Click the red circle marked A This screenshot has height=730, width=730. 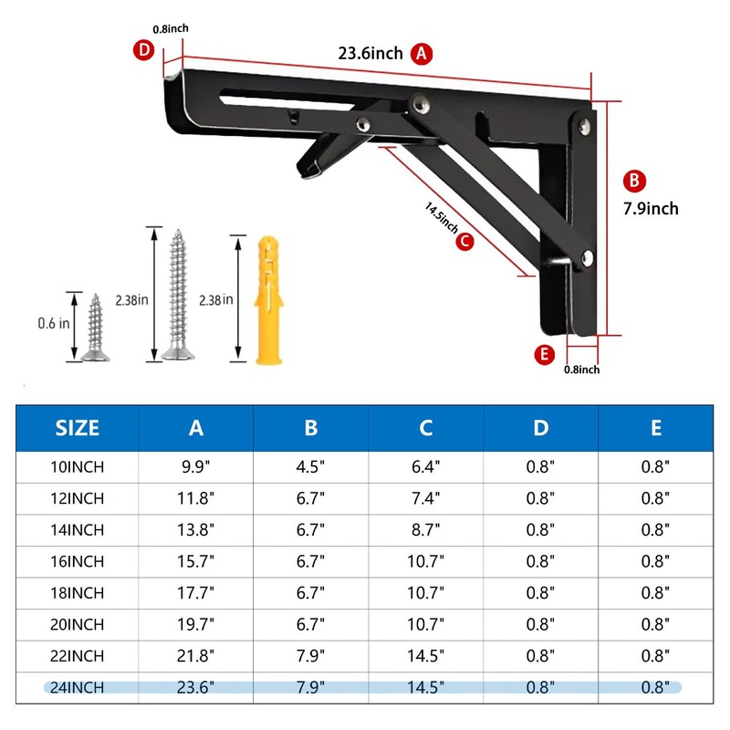pos(421,53)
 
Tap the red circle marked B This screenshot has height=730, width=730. pos(637,180)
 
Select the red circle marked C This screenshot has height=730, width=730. pos(464,241)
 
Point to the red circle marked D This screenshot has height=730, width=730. pos(143,50)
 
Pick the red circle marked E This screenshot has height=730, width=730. pos(546,355)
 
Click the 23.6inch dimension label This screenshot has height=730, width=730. pos(370,53)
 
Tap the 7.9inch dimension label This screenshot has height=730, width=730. pos(651,208)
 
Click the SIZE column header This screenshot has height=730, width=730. pos(78,428)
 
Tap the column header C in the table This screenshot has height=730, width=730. pos(425,428)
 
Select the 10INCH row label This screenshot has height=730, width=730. pos(78,467)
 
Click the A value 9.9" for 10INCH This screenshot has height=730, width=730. pos(195,467)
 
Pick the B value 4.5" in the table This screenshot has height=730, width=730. pos(310,467)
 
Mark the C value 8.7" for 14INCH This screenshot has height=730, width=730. pos(425,530)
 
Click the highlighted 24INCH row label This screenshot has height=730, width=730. pos(78,687)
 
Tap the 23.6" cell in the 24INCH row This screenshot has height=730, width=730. pos(195,687)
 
